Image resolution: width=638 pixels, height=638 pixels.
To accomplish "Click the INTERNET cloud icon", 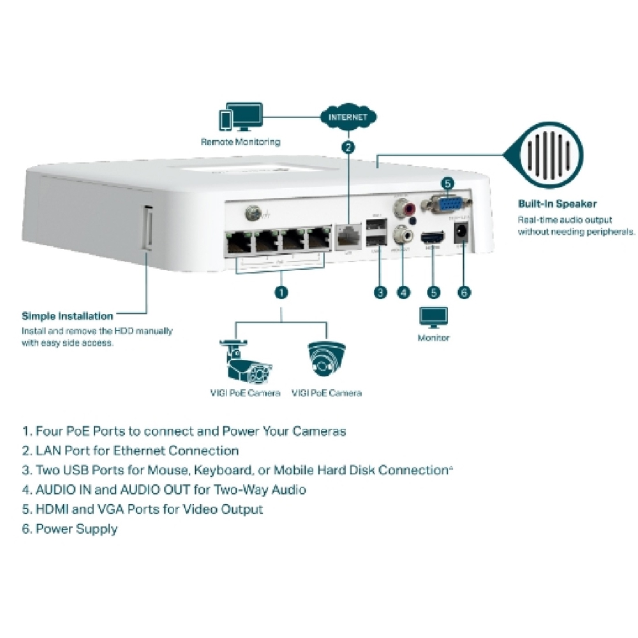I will [348, 117].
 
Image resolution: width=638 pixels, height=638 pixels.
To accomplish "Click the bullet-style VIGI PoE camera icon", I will [245, 362].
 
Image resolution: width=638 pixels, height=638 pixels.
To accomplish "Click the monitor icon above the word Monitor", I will [434, 317].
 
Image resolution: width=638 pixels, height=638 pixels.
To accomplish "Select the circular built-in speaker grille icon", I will [547, 154].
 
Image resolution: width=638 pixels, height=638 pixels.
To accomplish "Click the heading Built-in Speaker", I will [557, 204].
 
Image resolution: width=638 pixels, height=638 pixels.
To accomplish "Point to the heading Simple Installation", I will [68, 316].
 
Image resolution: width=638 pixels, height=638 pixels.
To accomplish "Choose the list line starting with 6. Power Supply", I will [70, 529].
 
